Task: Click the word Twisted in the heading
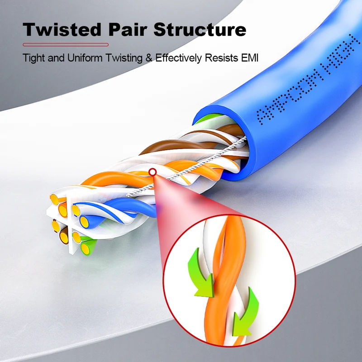click(x=62, y=29)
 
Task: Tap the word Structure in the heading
click(x=200, y=29)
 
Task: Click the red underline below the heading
click(x=66, y=44)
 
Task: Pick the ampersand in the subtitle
click(x=149, y=58)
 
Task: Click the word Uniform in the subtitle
click(x=85, y=58)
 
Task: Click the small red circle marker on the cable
click(x=152, y=172)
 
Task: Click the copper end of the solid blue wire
click(x=85, y=221)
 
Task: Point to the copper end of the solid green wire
click(x=86, y=248)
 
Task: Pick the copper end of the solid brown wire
click(x=64, y=238)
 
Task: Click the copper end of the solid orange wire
click(x=62, y=210)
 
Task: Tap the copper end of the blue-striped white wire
click(x=76, y=210)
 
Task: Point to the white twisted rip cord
click(x=187, y=167)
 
